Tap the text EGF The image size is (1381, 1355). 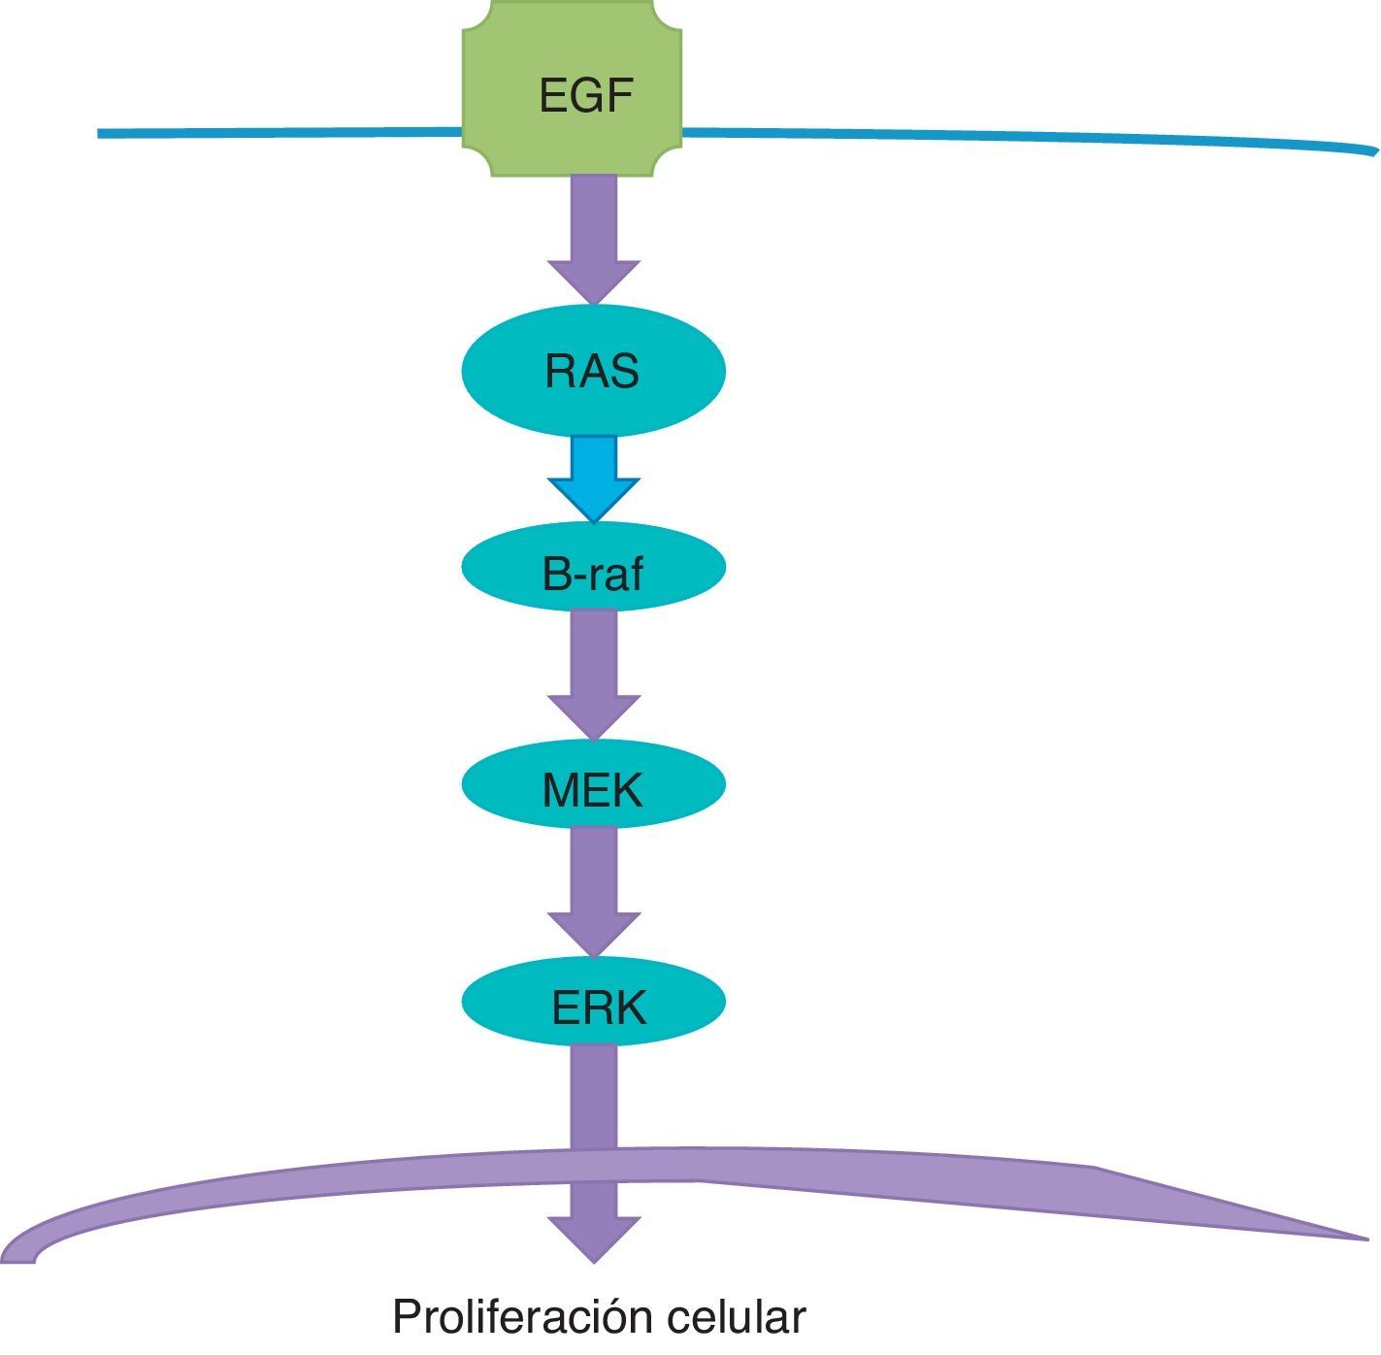(585, 96)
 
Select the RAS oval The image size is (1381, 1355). (505, 372)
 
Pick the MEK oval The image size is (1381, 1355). (495, 783)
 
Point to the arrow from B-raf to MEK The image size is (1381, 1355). (593, 675)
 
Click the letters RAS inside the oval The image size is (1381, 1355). (592, 372)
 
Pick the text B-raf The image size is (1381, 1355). (592, 575)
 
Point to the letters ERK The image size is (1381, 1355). (598, 1008)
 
